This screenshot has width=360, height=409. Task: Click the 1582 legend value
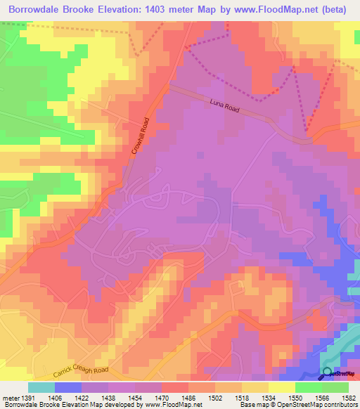[x=347, y=397]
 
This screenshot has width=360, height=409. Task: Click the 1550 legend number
[x=294, y=397]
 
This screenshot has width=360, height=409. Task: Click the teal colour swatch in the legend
[x=41, y=387]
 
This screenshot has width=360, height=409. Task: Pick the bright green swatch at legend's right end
[x=335, y=387]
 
